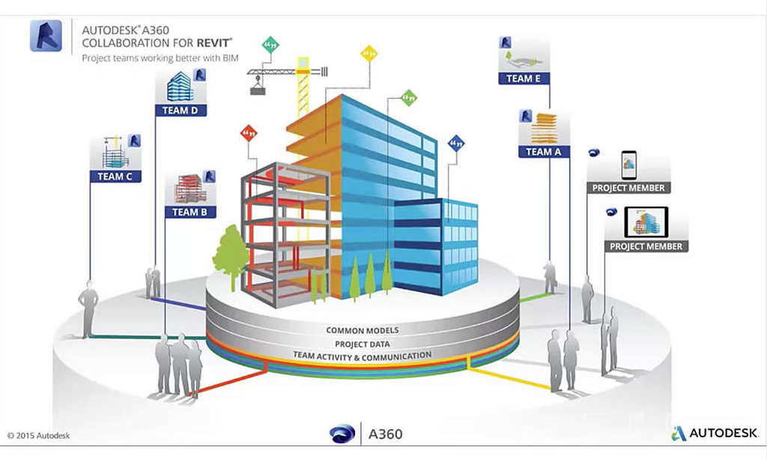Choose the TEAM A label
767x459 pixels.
(x=543, y=151)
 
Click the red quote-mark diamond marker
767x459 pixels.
(x=248, y=133)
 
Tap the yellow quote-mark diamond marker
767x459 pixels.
(x=369, y=54)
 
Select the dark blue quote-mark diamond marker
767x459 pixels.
(x=455, y=142)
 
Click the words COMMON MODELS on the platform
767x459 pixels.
(x=362, y=330)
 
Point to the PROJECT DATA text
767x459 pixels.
(x=362, y=344)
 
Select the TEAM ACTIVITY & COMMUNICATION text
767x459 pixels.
(x=362, y=356)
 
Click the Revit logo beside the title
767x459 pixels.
(x=46, y=36)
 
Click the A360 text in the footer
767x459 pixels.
(x=386, y=434)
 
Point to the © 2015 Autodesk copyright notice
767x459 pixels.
(x=39, y=435)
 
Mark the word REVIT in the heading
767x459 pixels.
(x=213, y=43)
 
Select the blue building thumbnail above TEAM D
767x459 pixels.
(x=178, y=87)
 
